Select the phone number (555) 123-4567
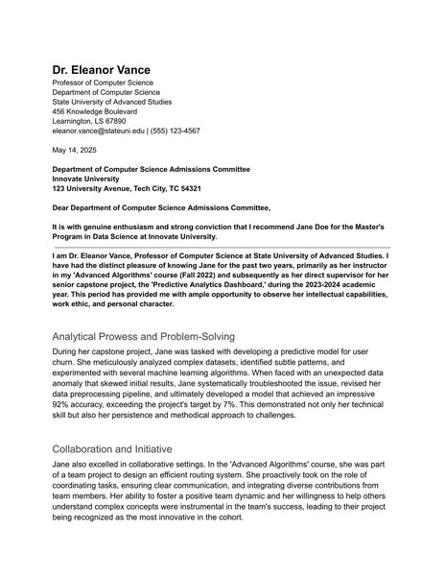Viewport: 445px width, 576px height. click(x=176, y=131)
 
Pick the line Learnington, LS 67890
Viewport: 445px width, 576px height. click(x=88, y=121)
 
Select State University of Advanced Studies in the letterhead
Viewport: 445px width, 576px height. click(x=111, y=101)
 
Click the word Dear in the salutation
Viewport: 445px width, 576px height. click(x=61, y=206)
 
